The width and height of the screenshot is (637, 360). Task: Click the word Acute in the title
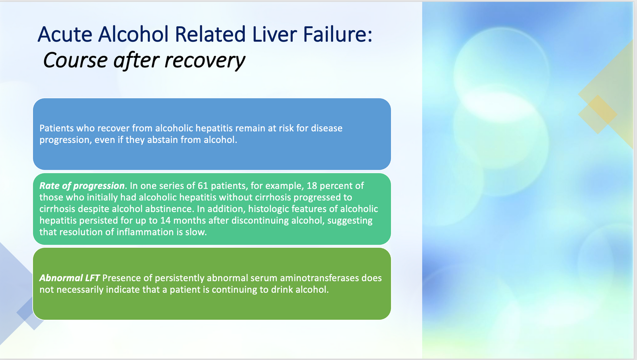click(x=65, y=34)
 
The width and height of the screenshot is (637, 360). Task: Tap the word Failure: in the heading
click(x=338, y=34)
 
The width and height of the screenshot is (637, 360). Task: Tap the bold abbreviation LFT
click(x=92, y=278)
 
